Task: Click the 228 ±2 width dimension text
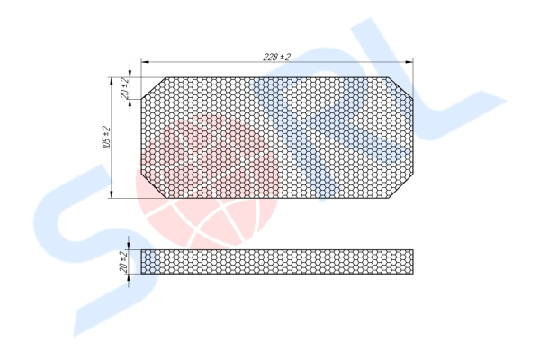(277, 57)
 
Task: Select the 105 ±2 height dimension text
(106, 138)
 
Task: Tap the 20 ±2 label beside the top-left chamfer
(125, 87)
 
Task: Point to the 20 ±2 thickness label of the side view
(124, 262)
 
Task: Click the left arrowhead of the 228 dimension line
(145, 62)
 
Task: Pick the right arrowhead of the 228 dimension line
(409, 62)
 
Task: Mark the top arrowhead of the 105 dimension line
(111, 81)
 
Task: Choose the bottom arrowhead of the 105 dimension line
(111, 194)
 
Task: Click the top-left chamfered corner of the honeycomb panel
(154, 88)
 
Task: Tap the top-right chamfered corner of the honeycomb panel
(400, 88)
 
